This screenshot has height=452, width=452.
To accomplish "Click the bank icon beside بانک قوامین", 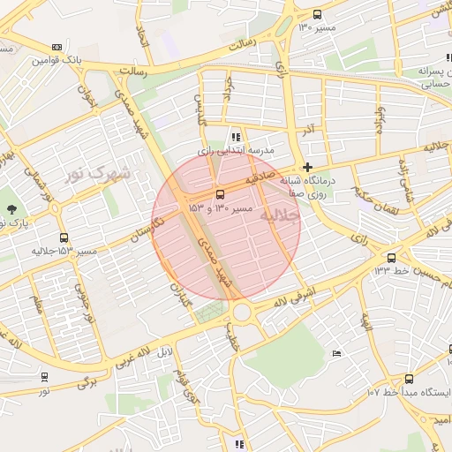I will point(57,47).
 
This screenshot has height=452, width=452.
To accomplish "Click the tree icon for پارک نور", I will point(11,209).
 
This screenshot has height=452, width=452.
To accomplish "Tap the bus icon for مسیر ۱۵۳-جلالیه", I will point(64,238).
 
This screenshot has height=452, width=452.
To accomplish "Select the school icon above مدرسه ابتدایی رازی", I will point(236,137).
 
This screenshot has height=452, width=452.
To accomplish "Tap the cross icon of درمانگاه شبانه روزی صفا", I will point(307,167).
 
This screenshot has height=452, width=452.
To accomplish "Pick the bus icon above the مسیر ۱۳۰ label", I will point(318,14).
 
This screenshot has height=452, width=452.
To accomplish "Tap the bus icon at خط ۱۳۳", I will point(391,258).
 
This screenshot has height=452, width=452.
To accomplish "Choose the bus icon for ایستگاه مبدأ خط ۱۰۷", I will point(408,378).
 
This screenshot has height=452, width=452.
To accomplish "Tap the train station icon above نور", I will point(44,377).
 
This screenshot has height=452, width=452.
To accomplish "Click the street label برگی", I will point(86,381).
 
